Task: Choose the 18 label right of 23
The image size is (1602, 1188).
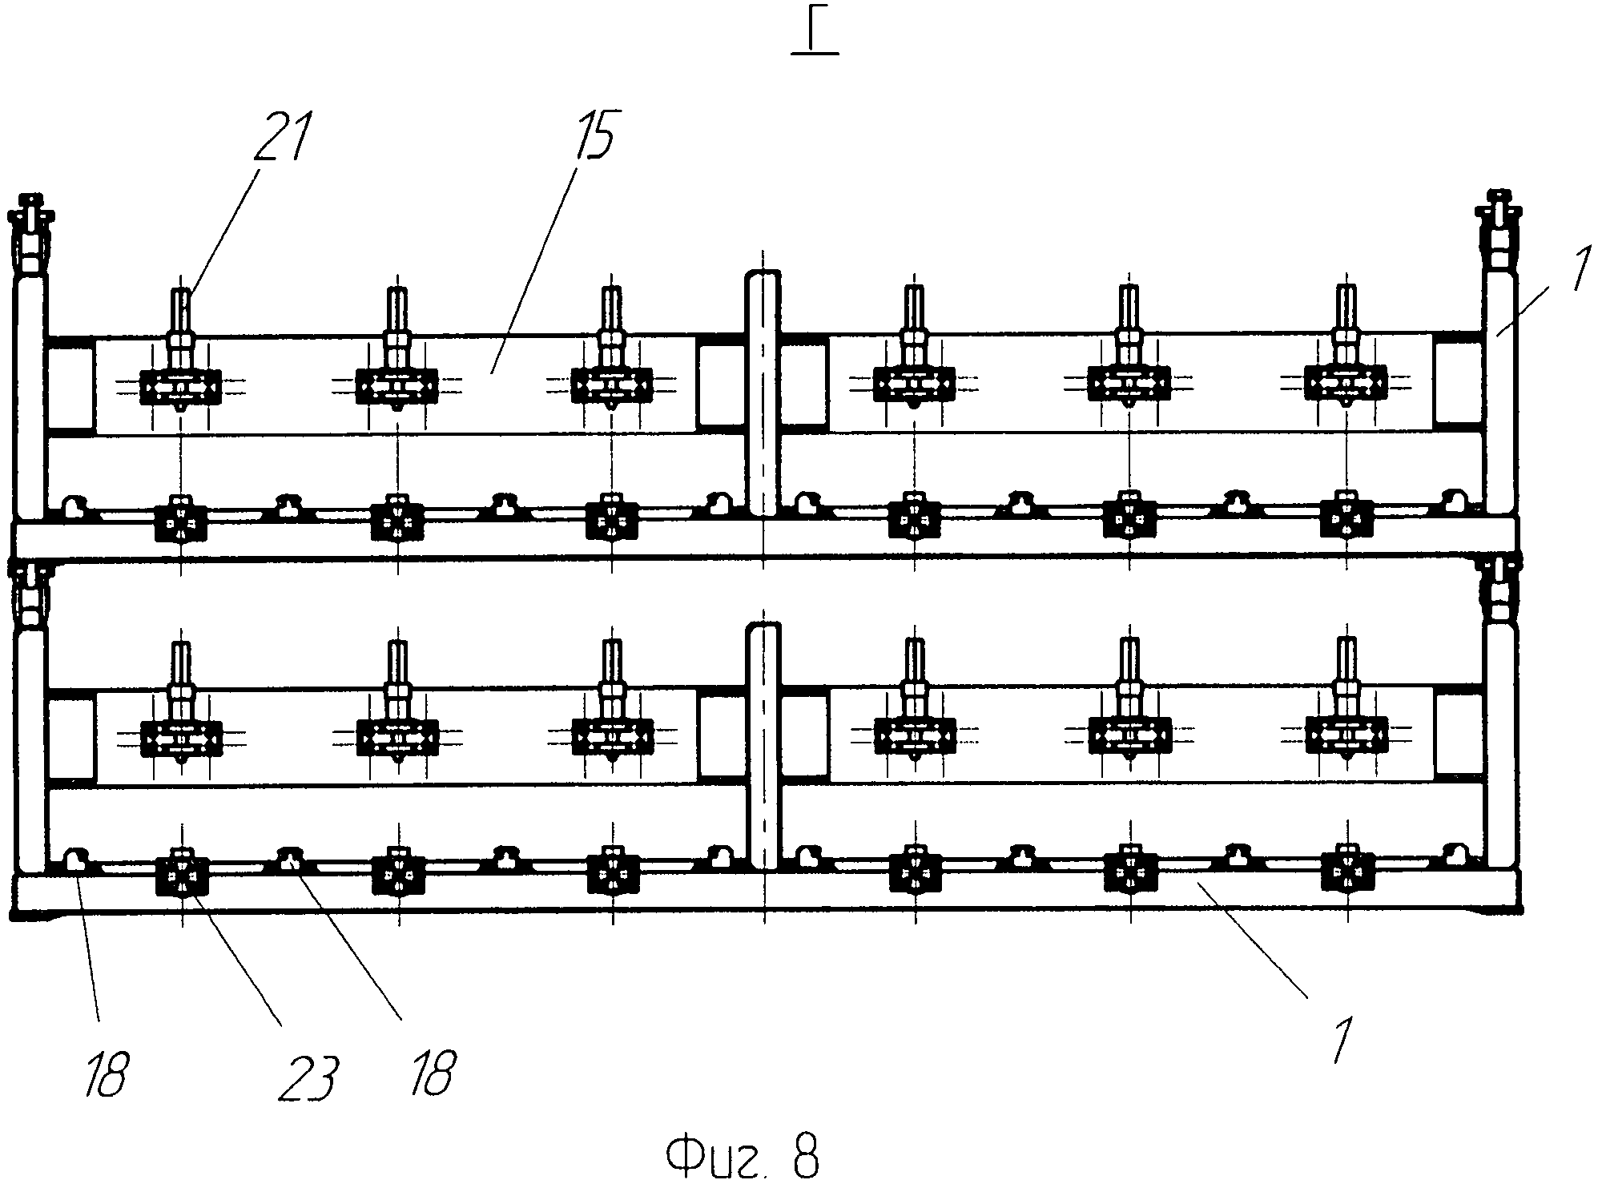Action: click(433, 1073)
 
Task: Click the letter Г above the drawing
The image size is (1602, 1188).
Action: click(815, 36)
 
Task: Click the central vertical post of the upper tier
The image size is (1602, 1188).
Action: click(763, 393)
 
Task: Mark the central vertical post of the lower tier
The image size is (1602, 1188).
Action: click(763, 745)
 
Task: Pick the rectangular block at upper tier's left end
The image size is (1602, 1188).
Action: click(70, 385)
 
